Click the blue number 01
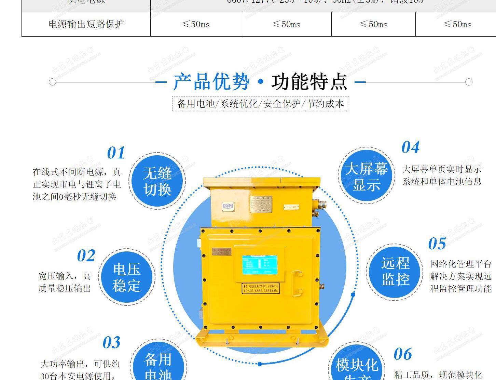116,153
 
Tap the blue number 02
86,256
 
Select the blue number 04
410,147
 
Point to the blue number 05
437,244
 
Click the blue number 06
403,354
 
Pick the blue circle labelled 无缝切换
157,181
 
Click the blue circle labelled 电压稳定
127,277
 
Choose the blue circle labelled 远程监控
395,272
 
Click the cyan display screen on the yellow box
260,265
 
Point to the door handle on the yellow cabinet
297,283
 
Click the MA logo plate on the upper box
228,206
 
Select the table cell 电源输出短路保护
86,24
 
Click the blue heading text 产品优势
211,82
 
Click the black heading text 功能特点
309,82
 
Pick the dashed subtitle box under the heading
260,104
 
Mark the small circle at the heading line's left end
52,82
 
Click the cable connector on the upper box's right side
321,205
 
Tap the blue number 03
112,343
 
